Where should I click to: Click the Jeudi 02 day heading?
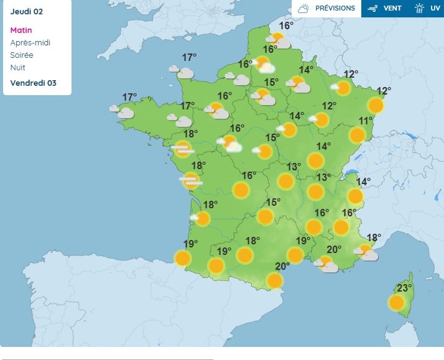27,11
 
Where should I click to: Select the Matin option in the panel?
21,30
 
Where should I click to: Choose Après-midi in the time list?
30,42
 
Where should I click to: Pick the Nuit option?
18,67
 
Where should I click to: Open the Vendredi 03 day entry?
34,83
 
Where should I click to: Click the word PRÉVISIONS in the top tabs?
335,9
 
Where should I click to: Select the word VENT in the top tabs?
392,9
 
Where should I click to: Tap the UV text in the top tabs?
435,9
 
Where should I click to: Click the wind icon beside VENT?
373,9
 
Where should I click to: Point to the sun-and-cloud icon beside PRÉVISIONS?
303,9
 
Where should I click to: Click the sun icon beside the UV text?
420,9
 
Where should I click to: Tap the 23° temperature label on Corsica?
405,288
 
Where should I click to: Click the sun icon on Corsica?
396,303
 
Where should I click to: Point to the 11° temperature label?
366,121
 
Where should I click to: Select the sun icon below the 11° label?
357,135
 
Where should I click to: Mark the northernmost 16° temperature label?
286,25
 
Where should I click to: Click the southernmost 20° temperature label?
283,266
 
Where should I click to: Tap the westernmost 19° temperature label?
190,244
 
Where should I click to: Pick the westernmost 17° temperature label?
129,97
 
